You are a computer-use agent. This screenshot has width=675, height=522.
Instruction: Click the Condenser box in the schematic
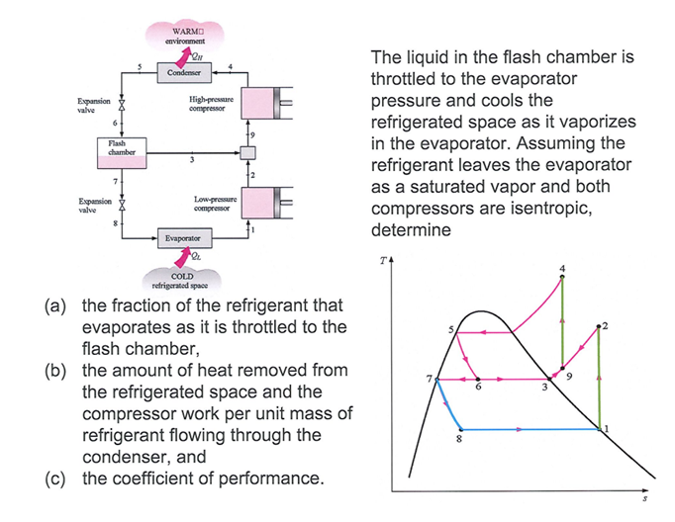click(184, 73)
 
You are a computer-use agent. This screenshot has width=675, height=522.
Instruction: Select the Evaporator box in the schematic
click(184, 238)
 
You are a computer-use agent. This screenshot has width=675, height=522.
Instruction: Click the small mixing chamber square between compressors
click(247, 153)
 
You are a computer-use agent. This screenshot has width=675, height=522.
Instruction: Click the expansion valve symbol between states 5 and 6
click(124, 103)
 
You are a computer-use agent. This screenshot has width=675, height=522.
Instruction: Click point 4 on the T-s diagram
click(562, 277)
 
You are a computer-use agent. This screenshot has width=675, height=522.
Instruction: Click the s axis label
click(648, 499)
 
